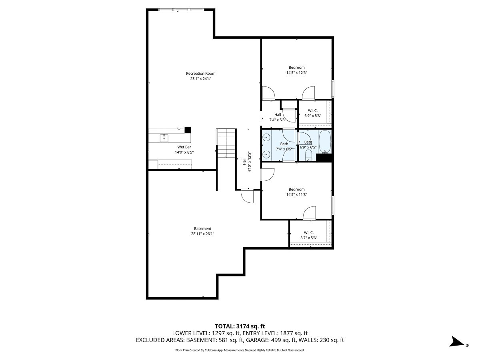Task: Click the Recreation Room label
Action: [x=200, y=73]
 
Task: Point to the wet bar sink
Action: [x=164, y=138]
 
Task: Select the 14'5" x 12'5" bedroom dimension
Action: [x=296, y=73]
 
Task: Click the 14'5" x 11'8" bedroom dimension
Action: [x=296, y=195]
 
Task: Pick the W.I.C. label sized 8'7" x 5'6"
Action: [x=308, y=232]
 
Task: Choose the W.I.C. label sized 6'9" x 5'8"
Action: [x=312, y=110]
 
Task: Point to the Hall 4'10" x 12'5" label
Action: [x=246, y=162]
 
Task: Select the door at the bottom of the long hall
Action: [x=248, y=196]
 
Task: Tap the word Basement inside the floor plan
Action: [x=202, y=229]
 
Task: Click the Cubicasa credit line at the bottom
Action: [x=240, y=350]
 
